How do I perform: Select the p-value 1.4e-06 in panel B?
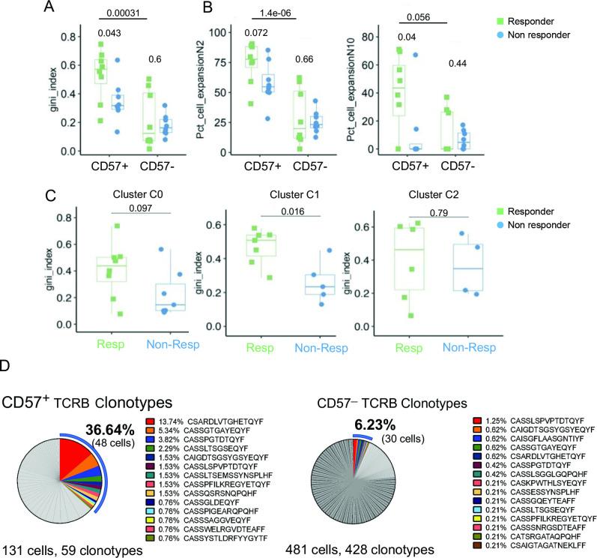[239, 13]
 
